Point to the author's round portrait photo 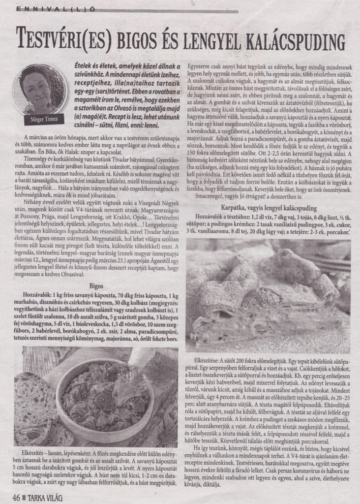[35, 84]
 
